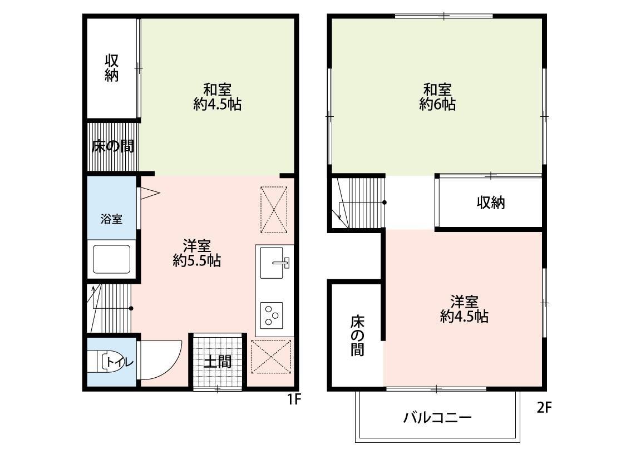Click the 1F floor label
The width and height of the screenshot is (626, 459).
(293, 399)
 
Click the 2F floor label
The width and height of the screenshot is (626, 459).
(544, 408)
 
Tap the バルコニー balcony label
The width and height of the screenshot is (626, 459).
(437, 417)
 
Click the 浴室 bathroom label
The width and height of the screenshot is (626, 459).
(111, 219)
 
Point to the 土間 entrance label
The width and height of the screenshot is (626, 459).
(217, 362)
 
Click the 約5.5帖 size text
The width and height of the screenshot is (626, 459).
(196, 260)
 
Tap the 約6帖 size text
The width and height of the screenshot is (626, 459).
(437, 104)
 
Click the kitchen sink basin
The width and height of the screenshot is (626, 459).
(275, 262)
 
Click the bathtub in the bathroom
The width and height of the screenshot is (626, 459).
(111, 259)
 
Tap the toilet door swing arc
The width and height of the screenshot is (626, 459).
(164, 361)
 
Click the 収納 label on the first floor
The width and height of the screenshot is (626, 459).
(112, 68)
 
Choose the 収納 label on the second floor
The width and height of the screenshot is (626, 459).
(490, 203)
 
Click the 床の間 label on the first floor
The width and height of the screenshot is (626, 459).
(112, 147)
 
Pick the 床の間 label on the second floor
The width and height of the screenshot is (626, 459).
(356, 335)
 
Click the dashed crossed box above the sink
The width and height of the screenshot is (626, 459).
(274, 209)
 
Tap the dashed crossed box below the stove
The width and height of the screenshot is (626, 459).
(271, 357)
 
